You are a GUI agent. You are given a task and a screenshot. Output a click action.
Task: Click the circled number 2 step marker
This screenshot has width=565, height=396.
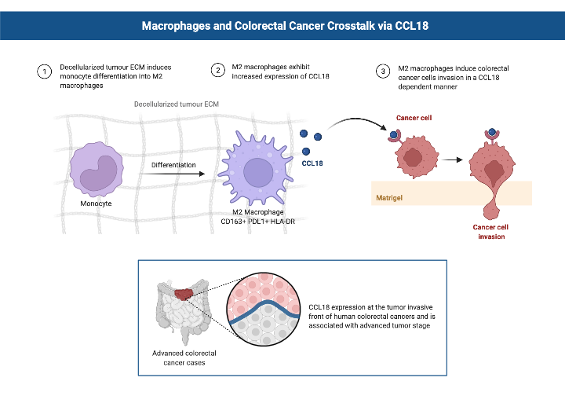219,71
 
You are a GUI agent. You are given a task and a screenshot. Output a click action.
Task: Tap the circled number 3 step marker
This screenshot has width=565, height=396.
382,71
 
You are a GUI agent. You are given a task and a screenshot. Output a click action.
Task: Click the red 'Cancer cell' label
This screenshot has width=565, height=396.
414,118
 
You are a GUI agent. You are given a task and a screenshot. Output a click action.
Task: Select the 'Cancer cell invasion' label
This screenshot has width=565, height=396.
491,232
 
